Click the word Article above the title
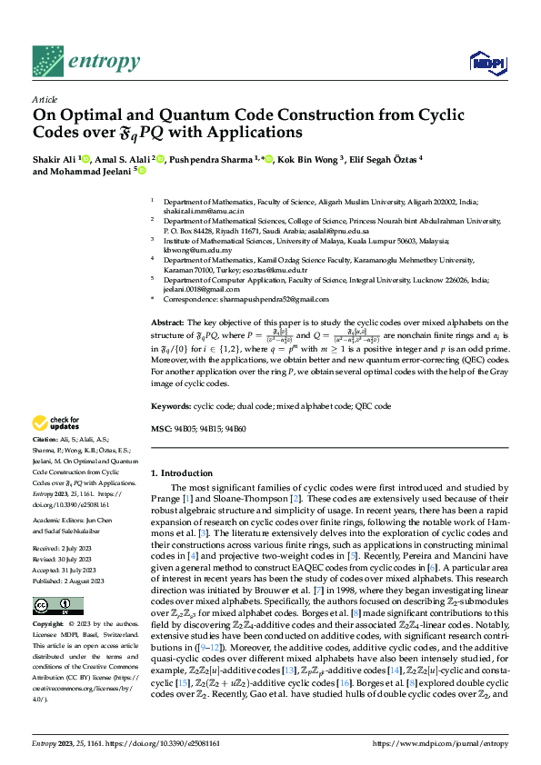[45, 99]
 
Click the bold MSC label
[160, 428]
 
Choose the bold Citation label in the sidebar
[46, 439]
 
